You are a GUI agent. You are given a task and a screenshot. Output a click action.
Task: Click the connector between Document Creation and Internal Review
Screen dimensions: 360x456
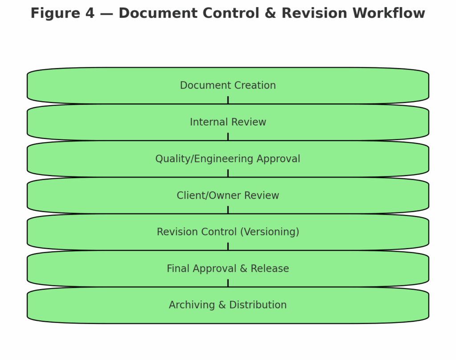228,100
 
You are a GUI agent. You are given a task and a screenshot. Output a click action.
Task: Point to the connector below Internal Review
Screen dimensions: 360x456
228,137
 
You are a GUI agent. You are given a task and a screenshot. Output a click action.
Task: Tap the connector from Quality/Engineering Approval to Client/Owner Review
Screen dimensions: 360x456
228,173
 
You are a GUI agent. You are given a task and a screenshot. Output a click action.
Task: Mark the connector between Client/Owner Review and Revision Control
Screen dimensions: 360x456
228,210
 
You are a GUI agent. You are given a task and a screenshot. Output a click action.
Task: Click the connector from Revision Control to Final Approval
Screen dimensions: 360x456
228,246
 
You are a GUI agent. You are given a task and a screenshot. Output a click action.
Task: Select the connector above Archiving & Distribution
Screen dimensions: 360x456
228,283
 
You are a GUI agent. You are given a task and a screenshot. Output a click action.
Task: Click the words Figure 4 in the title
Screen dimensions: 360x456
62,13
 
